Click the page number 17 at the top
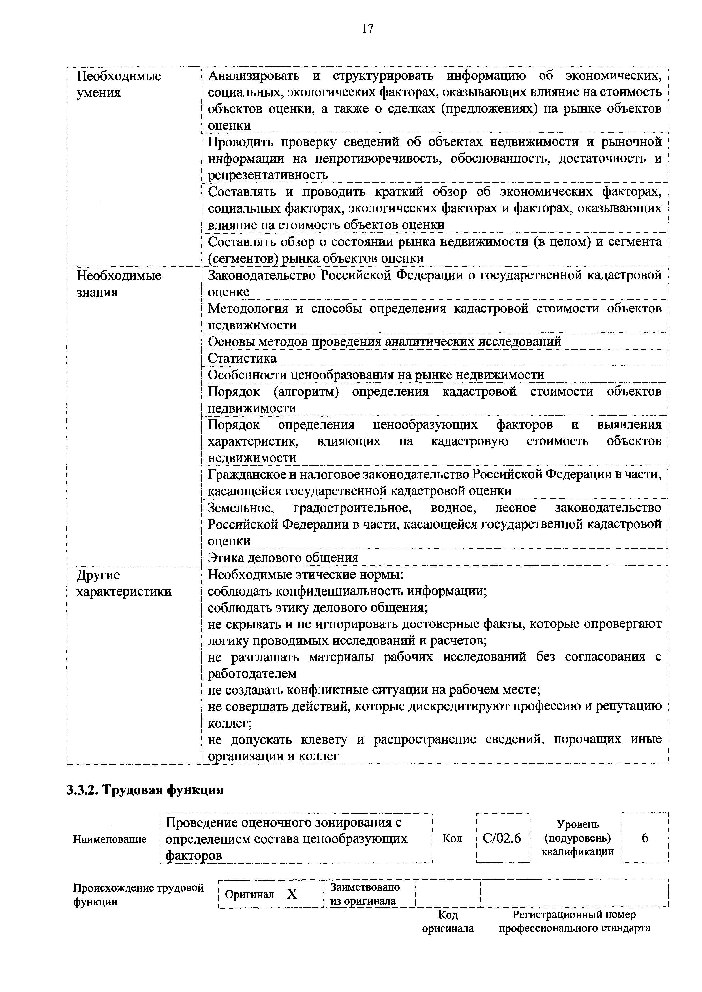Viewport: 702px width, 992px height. point(367,29)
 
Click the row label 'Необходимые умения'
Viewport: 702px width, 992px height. point(119,84)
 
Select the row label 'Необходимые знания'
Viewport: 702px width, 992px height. point(119,284)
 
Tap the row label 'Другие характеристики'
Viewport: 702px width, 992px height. point(124,583)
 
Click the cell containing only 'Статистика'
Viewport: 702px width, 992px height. point(242,358)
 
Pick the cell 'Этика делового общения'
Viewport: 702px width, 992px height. point(283,557)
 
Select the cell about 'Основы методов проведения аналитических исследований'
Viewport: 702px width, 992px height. point(384,341)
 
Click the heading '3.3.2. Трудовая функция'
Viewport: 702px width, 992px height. point(145,790)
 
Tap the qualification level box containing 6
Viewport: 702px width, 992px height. point(645,838)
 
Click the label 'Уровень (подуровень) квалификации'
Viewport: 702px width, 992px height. point(577,838)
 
